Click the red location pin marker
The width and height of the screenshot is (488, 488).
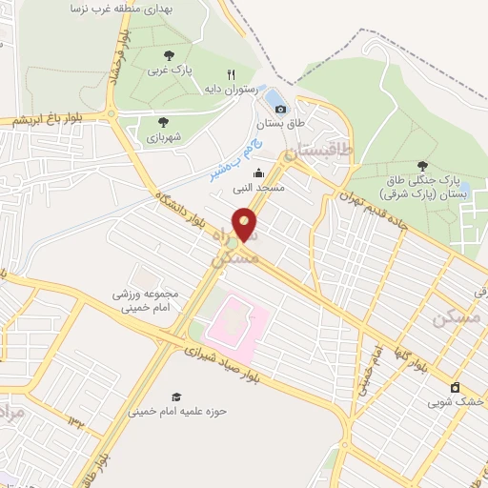coord(246,223)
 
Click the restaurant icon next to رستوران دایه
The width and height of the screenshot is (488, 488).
coord(230,74)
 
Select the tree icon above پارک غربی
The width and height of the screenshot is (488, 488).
coord(169,54)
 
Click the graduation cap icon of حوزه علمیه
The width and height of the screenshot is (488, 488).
coord(175,396)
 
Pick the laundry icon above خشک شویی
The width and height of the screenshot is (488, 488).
coord(455,387)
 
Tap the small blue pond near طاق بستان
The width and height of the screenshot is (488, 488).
coord(274,98)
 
